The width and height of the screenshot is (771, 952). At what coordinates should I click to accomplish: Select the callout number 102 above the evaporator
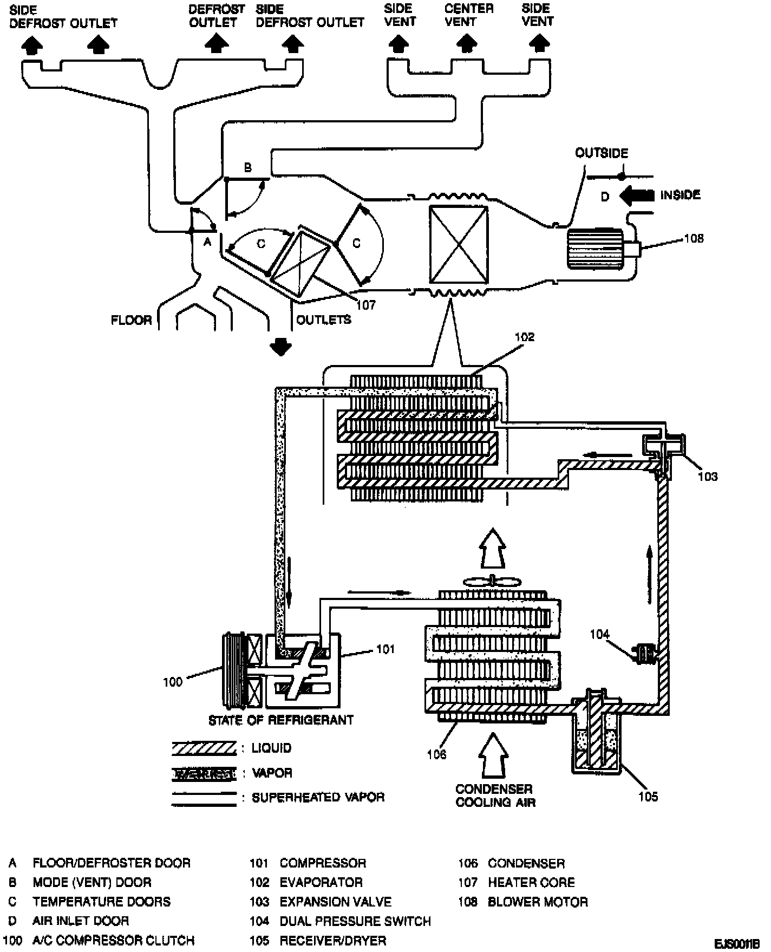[524, 337]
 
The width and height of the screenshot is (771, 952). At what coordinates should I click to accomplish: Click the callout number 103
[707, 477]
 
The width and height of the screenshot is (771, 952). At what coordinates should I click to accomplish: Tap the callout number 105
[648, 796]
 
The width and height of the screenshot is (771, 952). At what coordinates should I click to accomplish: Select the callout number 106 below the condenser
[436, 754]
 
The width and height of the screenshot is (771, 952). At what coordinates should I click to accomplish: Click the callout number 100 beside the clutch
[173, 682]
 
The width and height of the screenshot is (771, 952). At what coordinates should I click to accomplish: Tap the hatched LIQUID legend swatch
[204, 748]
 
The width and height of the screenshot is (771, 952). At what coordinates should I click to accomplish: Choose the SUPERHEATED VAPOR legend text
[318, 798]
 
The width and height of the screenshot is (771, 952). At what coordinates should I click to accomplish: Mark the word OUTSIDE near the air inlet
[601, 153]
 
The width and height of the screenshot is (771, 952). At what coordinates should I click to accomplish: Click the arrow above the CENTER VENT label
[466, 43]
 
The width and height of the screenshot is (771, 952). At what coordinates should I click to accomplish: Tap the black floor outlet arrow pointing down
[280, 346]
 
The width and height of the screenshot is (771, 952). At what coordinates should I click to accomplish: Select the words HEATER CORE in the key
[531, 883]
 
